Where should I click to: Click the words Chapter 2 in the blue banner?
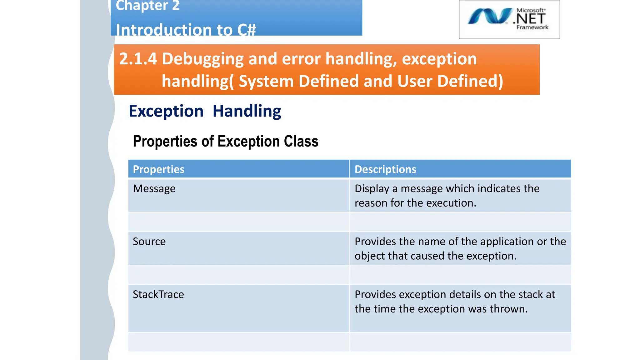tap(147, 6)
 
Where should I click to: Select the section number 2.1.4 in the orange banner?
tap(138, 59)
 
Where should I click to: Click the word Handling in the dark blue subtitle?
tap(247, 111)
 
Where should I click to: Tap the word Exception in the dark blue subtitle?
tap(166, 111)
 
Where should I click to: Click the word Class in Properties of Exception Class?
tap(301, 141)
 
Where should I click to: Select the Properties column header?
tap(158, 169)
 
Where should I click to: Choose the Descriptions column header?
tap(385, 169)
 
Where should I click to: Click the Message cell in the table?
tap(154, 189)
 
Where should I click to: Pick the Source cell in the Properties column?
tap(149, 242)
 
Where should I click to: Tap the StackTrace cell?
tap(158, 294)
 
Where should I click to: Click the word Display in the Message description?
tap(372, 189)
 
